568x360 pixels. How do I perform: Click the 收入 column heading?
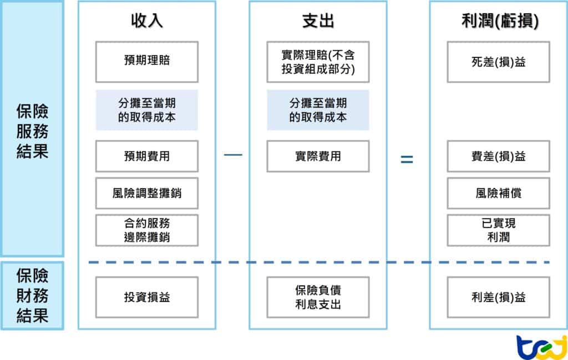[146, 21]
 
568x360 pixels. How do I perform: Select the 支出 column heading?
[318, 21]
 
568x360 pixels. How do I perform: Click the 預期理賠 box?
[146, 62]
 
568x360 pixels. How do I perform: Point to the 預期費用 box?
[146, 156]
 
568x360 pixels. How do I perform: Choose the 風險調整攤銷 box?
[146, 193]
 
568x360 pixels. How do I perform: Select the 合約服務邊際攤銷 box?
[146, 230]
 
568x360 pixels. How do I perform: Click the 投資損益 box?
[146, 297]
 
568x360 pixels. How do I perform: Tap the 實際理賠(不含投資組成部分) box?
[318, 62]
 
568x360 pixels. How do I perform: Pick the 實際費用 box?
[318, 156]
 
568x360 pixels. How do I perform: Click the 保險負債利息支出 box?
[318, 297]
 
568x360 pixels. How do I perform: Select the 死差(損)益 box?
[498, 62]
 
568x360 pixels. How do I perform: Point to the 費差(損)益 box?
[498, 156]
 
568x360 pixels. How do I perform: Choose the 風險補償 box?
[498, 193]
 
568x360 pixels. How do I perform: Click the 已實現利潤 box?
[498, 230]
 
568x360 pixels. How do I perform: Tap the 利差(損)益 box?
[498, 297]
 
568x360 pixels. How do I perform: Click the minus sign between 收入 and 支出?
[233, 155]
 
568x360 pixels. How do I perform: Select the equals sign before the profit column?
[407, 159]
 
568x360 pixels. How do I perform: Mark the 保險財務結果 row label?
[32, 296]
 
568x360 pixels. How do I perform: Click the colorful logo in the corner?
[541, 347]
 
